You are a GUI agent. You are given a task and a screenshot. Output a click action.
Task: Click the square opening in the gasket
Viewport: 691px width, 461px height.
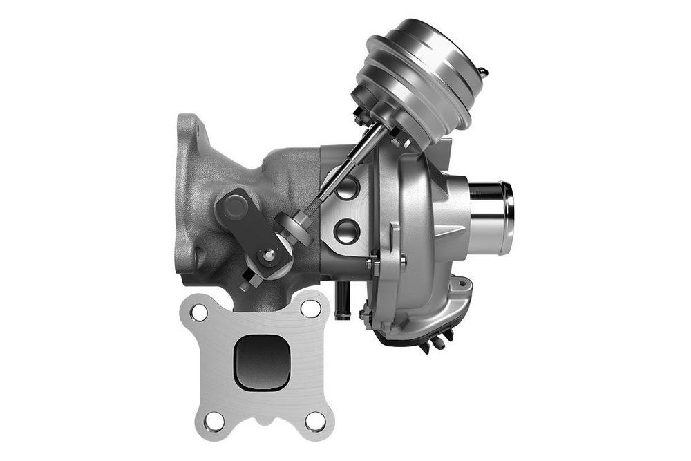click(262, 361)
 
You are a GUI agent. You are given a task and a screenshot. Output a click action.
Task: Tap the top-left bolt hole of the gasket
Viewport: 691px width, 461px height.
click(200, 312)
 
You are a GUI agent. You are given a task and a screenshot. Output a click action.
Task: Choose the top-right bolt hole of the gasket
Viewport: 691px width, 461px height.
click(311, 308)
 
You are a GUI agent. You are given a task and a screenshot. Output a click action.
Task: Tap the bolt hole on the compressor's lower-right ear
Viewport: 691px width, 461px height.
click(461, 283)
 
